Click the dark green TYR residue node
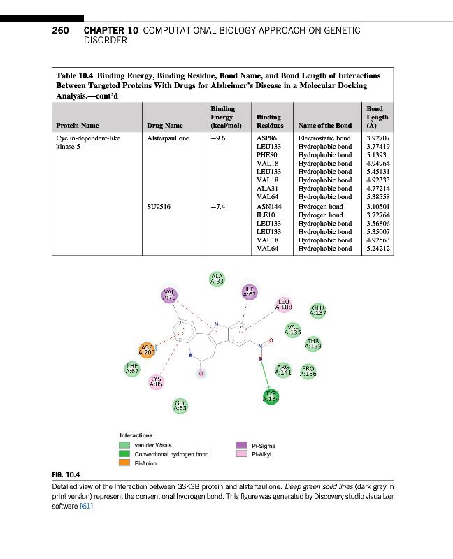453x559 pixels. tap(271, 398)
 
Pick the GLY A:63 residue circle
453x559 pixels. tap(180, 405)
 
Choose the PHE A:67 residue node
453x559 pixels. tap(131, 368)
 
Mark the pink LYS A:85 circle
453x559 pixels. tap(157, 382)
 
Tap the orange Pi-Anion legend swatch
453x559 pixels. tap(124, 463)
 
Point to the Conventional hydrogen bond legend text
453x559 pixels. tap(171, 454)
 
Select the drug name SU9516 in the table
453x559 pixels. tap(160, 207)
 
